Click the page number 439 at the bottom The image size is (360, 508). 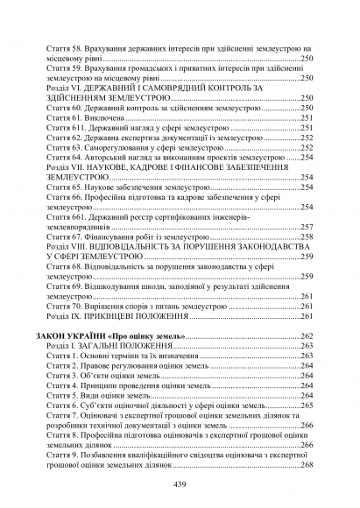pos(180,486)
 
